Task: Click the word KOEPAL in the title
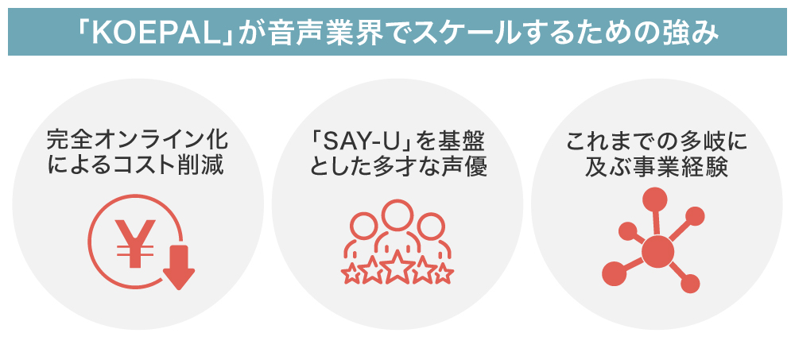pyautogui.click(x=156, y=32)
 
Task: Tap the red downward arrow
pyautogui.click(x=178, y=267)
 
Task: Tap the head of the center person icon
pyautogui.click(x=397, y=215)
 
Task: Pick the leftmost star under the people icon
pyautogui.click(x=351, y=274)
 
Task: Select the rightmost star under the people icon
pyautogui.click(x=444, y=274)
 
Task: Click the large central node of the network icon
pyautogui.click(x=657, y=250)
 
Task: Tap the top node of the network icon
pyautogui.click(x=654, y=199)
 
